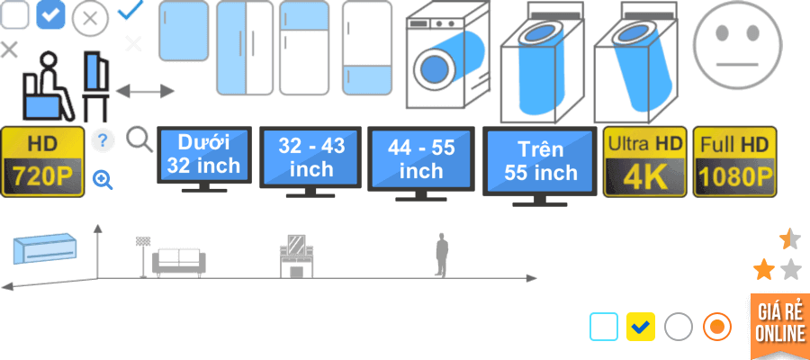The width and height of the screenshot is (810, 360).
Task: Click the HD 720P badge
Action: [43, 161]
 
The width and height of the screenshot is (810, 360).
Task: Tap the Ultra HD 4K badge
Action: [644, 161]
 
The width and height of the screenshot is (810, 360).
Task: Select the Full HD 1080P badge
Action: [734, 161]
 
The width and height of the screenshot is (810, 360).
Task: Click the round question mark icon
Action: [103, 140]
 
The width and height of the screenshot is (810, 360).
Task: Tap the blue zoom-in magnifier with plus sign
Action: [103, 180]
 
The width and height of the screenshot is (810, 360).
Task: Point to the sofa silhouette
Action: [178, 261]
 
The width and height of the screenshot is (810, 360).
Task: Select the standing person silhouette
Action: [441, 256]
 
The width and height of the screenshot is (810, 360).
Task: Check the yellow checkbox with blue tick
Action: [640, 327]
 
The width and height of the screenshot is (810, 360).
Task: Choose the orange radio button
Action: [716, 327]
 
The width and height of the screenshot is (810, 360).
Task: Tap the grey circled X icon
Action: [90, 19]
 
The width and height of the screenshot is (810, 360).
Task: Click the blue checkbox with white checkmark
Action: [50, 15]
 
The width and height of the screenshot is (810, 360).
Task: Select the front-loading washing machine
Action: [447, 60]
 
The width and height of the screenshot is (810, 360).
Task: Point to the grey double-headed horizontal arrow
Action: [145, 91]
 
